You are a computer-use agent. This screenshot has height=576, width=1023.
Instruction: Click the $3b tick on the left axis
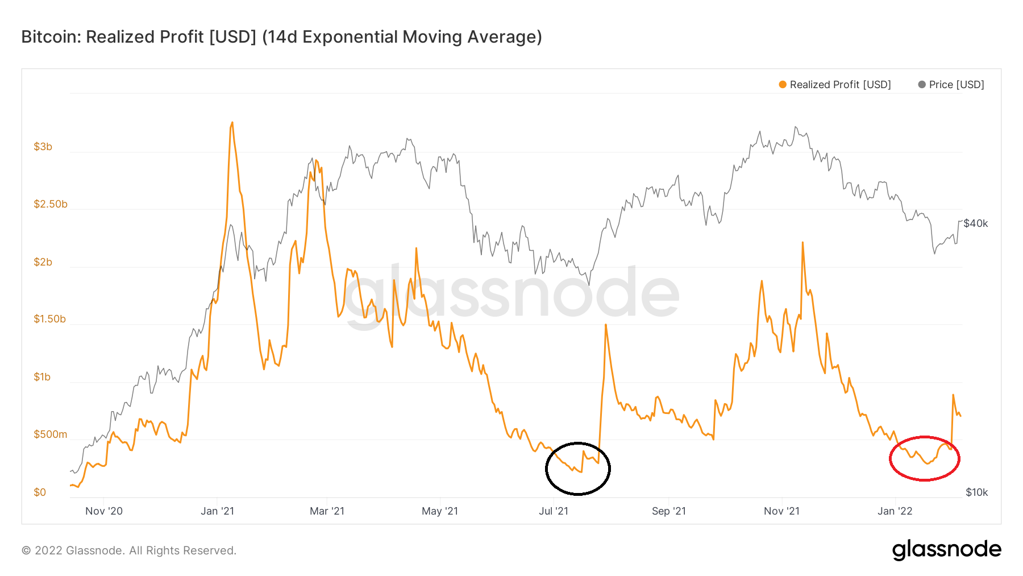43,147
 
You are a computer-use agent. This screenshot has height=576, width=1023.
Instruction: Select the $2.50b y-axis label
50,204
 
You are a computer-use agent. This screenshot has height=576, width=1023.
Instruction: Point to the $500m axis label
50,434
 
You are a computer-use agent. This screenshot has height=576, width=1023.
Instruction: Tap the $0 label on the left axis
40,492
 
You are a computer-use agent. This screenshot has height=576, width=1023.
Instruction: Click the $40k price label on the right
975,223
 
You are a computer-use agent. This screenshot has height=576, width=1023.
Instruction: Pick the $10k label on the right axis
976,492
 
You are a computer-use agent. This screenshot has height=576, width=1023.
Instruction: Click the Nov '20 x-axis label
104,511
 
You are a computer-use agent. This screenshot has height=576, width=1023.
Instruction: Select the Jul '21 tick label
553,511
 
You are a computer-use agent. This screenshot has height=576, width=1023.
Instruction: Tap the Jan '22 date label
895,511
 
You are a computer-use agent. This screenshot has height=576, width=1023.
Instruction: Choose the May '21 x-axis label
439,511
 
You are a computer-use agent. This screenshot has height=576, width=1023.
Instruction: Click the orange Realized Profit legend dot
783,85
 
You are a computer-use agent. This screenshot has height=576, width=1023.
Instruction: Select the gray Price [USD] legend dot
922,85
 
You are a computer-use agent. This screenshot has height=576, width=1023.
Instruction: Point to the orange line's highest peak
232,122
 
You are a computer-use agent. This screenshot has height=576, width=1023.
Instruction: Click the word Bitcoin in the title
51,37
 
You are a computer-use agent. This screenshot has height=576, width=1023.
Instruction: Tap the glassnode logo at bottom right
946,550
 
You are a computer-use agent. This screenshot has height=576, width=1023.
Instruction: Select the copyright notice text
129,550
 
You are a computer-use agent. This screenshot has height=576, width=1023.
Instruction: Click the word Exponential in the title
350,37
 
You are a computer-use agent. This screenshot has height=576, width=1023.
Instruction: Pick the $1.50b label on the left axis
49,319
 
